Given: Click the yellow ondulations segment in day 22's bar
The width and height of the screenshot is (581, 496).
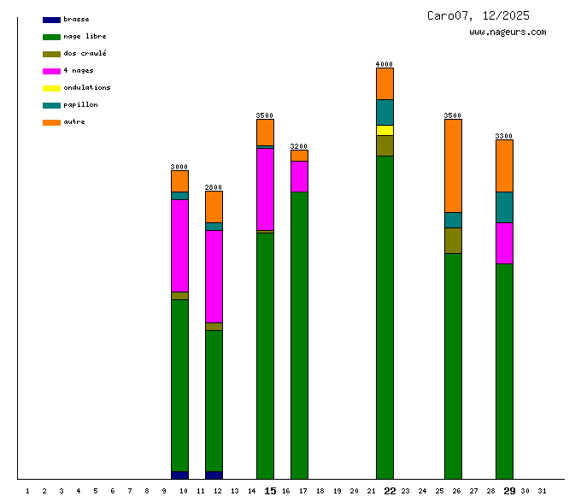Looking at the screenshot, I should point(384,130).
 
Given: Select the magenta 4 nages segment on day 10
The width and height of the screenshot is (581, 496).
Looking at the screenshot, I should point(179,245).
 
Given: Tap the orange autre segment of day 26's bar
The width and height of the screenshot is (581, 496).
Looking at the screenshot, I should point(453,165).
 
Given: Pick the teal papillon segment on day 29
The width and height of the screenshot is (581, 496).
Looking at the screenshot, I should point(504,207).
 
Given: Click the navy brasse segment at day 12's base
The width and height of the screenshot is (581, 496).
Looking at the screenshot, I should point(214,475).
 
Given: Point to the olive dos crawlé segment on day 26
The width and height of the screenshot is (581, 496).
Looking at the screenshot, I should point(453,240).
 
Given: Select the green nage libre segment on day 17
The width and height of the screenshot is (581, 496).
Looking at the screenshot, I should point(299,334).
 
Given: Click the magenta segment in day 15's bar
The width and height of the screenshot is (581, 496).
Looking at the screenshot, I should point(265,189).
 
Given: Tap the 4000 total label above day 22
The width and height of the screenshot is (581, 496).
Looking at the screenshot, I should point(384,64).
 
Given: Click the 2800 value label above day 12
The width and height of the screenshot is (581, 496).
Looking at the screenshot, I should point(214,187).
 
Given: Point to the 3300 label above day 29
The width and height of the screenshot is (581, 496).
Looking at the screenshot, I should point(504,136).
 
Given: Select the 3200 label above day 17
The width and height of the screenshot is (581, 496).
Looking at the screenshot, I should point(299,146).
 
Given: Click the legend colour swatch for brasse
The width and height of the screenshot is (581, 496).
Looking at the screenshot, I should point(51,20).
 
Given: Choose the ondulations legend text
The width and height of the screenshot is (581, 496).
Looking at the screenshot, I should point(86,87).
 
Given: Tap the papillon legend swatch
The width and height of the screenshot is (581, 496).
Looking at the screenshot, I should point(51,105).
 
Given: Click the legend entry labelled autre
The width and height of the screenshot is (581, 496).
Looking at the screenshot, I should point(74,121).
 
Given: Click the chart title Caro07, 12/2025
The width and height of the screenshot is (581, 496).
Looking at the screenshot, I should point(478,15).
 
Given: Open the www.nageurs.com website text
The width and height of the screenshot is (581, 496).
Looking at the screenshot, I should point(508,32).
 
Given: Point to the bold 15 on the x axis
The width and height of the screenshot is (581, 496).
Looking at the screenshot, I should point(270,490).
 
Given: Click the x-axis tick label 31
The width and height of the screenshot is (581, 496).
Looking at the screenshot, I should point(542,490).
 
